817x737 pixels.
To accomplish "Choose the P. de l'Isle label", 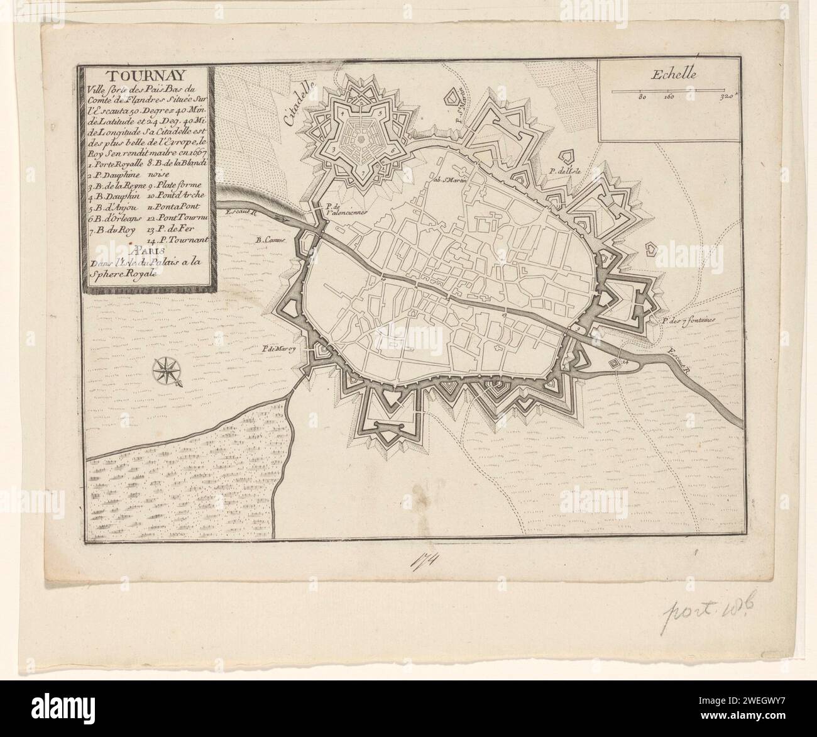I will tap(563, 170).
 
